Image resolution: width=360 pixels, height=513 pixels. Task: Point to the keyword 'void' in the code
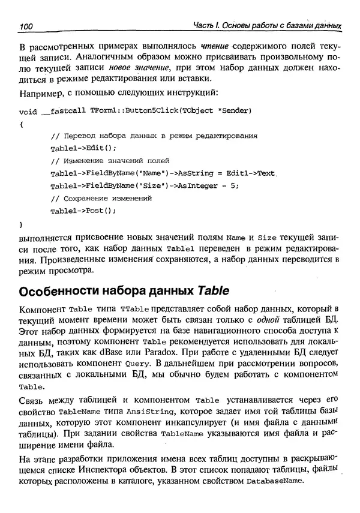click(x=28, y=112)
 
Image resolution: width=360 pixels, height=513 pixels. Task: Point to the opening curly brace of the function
click(x=22, y=124)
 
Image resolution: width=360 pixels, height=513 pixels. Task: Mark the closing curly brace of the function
click(x=22, y=223)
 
